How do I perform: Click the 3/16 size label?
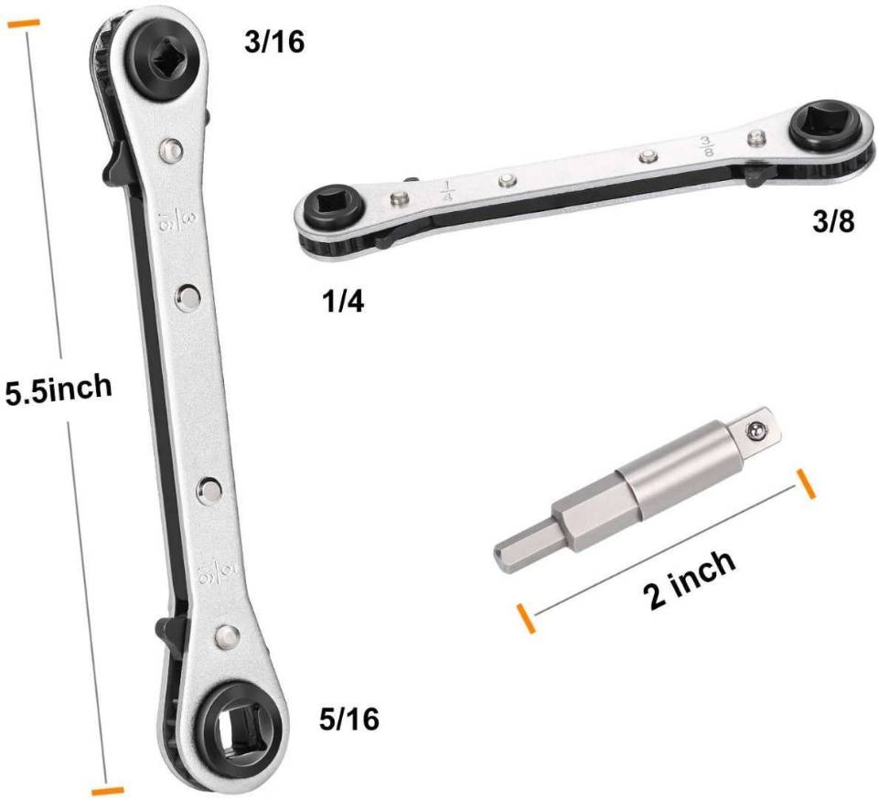(273, 42)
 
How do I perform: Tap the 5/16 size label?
(348, 719)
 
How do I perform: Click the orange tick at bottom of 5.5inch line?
(107, 788)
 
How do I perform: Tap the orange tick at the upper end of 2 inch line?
(806, 484)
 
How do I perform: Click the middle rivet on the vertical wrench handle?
(190, 294)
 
